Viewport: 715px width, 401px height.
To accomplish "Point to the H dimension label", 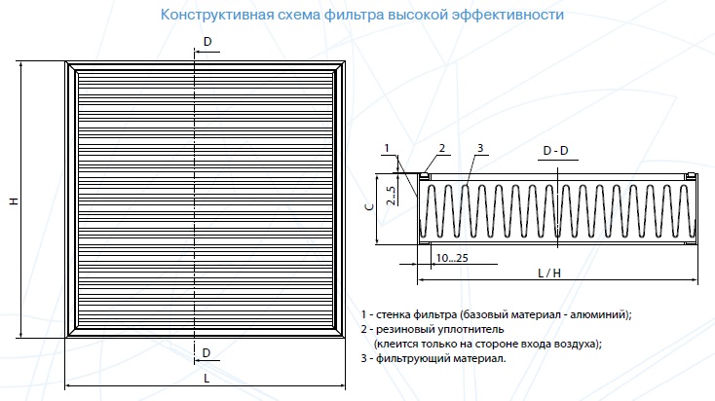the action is pos(15,200).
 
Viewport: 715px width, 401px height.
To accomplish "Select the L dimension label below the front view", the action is pos(207,378).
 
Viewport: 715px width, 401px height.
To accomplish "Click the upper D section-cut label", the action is pos(207,42).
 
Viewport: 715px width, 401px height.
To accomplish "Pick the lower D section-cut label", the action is pos(207,352).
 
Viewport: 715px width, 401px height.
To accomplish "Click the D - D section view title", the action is pos(556,150).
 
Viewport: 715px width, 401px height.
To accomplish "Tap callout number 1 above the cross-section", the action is pos(387,148).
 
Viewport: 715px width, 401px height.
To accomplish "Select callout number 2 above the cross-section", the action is pos(442,148).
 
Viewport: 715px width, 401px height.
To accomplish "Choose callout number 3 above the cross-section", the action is pos(480,148).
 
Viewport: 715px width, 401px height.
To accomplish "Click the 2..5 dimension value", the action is pos(391,195).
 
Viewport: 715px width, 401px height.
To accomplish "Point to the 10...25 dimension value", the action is pos(452,258).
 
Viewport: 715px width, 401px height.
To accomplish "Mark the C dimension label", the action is pos(369,206).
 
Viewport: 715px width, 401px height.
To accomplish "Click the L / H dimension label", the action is pos(549,273).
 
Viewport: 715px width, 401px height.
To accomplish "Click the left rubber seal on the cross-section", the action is pos(425,175).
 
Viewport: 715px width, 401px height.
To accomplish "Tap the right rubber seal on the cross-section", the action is pos(691,175).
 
